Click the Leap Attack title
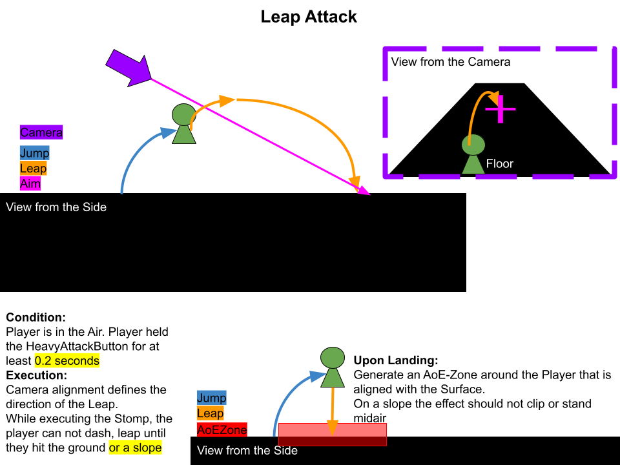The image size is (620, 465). [309, 17]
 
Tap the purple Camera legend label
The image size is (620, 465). [41, 132]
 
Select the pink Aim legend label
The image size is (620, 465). [30, 183]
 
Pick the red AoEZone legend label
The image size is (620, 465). [222, 429]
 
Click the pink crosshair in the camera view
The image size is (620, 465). [501, 108]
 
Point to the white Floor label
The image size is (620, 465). [500, 163]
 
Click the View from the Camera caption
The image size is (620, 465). [451, 62]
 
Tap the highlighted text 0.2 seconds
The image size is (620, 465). [67, 360]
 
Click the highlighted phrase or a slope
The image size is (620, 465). [135, 448]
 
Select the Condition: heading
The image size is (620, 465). [36, 317]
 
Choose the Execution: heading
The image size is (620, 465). [37, 375]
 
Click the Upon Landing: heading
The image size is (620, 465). [396, 360]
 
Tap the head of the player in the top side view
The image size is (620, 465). [184, 115]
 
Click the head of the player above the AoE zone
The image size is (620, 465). [333, 358]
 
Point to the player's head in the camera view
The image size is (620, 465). [473, 145]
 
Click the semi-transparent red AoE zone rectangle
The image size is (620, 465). [333, 435]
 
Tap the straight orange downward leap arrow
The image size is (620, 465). [333, 411]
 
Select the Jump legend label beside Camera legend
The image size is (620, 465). [34, 153]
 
